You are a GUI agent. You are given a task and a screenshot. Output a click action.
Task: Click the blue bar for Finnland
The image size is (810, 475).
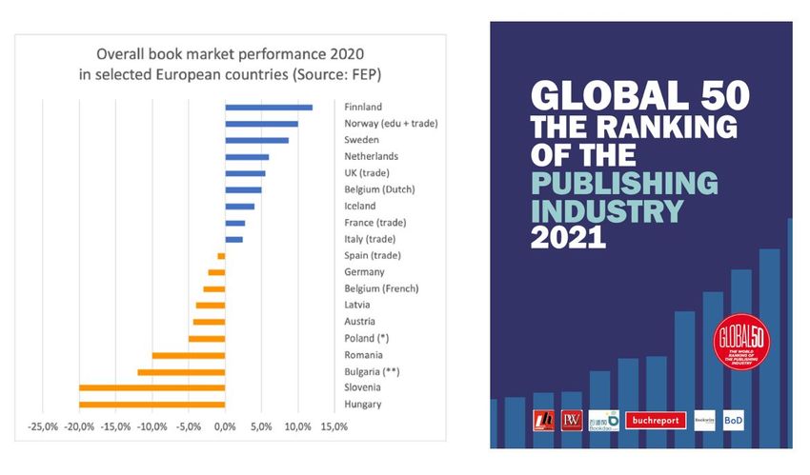pyautogui.click(x=269, y=108)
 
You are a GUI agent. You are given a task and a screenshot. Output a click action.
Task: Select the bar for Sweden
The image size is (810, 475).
pyautogui.click(x=256, y=140)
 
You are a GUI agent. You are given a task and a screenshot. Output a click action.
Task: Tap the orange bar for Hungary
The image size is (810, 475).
pyautogui.click(x=152, y=405)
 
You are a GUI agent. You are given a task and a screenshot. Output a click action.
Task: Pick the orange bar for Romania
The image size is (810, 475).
pyautogui.click(x=189, y=355)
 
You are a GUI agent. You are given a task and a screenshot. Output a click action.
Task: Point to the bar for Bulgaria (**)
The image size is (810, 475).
pyautogui.click(x=181, y=371)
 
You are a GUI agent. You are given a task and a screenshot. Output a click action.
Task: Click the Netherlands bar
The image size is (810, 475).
pyautogui.click(x=247, y=157)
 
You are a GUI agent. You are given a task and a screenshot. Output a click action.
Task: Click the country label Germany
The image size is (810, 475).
pyautogui.click(x=364, y=272)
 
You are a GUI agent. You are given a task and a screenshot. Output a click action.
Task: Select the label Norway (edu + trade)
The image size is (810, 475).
pyautogui.click(x=390, y=124)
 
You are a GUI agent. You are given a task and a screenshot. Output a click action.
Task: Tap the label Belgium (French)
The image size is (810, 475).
pyautogui.click(x=381, y=288)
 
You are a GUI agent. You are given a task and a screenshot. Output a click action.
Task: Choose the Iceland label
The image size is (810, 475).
pyautogui.click(x=360, y=206)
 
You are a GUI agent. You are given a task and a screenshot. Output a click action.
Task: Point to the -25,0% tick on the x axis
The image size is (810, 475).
pyautogui.click(x=44, y=427)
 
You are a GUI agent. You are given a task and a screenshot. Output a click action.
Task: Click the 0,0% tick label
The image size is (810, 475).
pyautogui.click(x=225, y=427)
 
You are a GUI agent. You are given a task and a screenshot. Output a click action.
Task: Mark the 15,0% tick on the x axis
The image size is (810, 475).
pyautogui.click(x=334, y=427)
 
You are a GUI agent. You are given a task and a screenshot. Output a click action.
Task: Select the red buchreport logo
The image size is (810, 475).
pyautogui.click(x=655, y=421)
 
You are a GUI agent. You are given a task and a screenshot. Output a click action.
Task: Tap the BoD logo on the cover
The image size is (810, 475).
pyautogui.click(x=733, y=420)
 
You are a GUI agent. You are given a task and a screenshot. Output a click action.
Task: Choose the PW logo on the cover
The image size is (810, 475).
pyautogui.click(x=571, y=420)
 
